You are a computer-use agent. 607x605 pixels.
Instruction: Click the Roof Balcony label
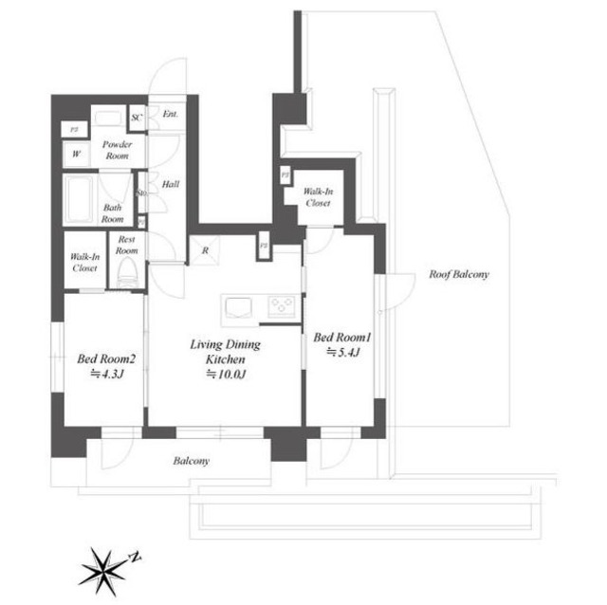pyautogui.click(x=458, y=275)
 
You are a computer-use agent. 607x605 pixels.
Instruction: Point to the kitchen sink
pyautogui.click(x=237, y=306)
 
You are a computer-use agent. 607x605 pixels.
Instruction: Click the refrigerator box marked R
pyautogui.click(x=205, y=250)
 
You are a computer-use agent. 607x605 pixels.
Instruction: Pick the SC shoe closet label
pyautogui.click(x=137, y=118)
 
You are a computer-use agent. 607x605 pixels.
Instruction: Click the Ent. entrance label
pyautogui.click(x=170, y=115)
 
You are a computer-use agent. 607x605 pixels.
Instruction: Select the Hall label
pyautogui.click(x=172, y=185)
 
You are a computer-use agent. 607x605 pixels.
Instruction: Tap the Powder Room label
pyautogui.click(x=117, y=150)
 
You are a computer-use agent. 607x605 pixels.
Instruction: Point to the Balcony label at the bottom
pyautogui.click(x=191, y=462)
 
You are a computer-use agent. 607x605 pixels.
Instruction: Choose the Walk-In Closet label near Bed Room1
pyautogui.click(x=317, y=197)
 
